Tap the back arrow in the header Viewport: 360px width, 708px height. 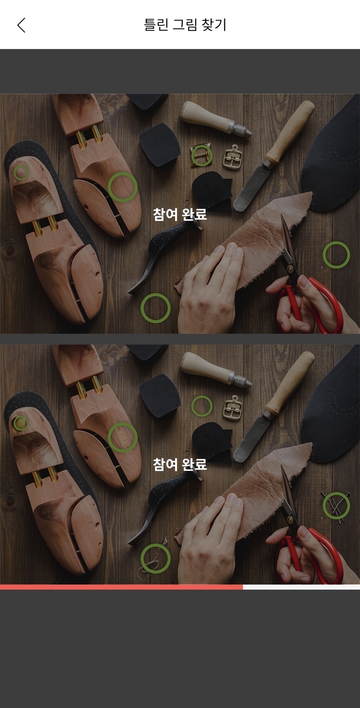pyautogui.click(x=21, y=25)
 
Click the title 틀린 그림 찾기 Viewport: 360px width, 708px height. pyautogui.click(x=185, y=25)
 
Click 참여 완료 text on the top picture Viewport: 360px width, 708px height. pyautogui.click(x=180, y=214)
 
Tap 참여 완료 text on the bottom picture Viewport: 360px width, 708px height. pyautogui.click(x=180, y=464)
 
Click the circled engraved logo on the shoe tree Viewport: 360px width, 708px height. pyautogui.click(x=123, y=437)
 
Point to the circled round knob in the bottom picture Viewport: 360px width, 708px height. pyautogui.click(x=20, y=423)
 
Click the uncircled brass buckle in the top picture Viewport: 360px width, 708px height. pyautogui.click(x=232, y=157)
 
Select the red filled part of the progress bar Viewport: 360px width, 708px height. pyautogui.click(x=121, y=587)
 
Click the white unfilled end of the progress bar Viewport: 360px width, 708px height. pyautogui.click(x=301, y=587)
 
